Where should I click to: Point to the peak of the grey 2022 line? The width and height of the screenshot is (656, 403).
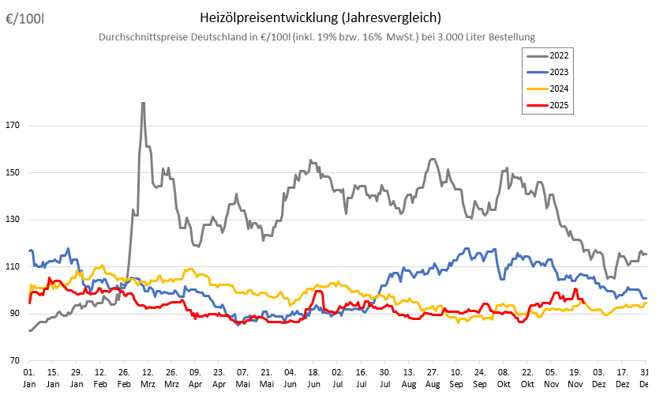click(143, 103)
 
